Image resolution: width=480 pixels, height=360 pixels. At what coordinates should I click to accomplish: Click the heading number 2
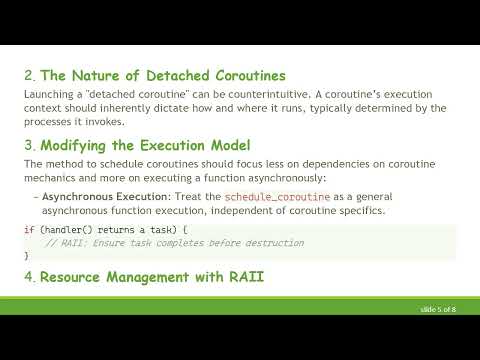click(x=28, y=75)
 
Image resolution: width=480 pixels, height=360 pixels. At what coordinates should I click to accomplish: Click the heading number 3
click(x=28, y=145)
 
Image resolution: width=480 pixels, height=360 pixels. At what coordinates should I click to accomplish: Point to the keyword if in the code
click(x=28, y=231)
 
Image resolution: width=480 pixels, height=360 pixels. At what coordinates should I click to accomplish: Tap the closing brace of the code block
click(x=26, y=256)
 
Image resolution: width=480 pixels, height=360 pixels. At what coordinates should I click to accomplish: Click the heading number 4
click(x=28, y=276)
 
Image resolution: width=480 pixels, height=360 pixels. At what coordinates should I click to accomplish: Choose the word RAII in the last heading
click(x=241, y=276)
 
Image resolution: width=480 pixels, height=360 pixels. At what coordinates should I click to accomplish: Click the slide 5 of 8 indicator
click(x=438, y=311)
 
